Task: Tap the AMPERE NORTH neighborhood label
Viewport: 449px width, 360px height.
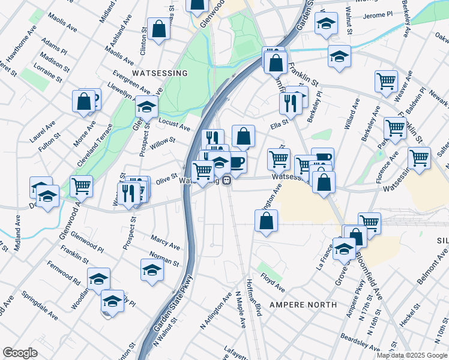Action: [303, 305]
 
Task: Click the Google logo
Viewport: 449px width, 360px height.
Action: [20, 353]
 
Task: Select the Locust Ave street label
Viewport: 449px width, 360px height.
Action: [174, 124]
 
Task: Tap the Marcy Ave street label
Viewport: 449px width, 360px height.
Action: [165, 242]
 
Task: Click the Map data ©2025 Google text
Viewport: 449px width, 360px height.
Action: [412, 355]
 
